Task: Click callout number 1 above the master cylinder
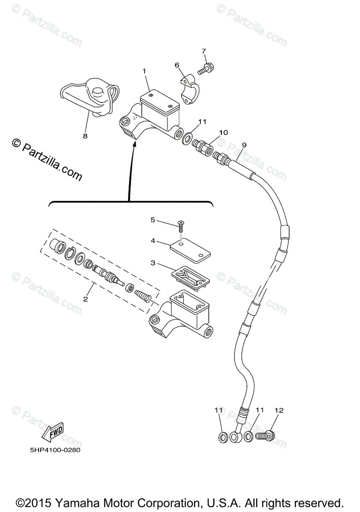144,70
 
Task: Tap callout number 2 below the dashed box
85,299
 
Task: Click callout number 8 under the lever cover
85,136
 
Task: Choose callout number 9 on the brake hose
244,145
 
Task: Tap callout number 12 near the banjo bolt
279,410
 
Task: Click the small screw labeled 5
181,225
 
